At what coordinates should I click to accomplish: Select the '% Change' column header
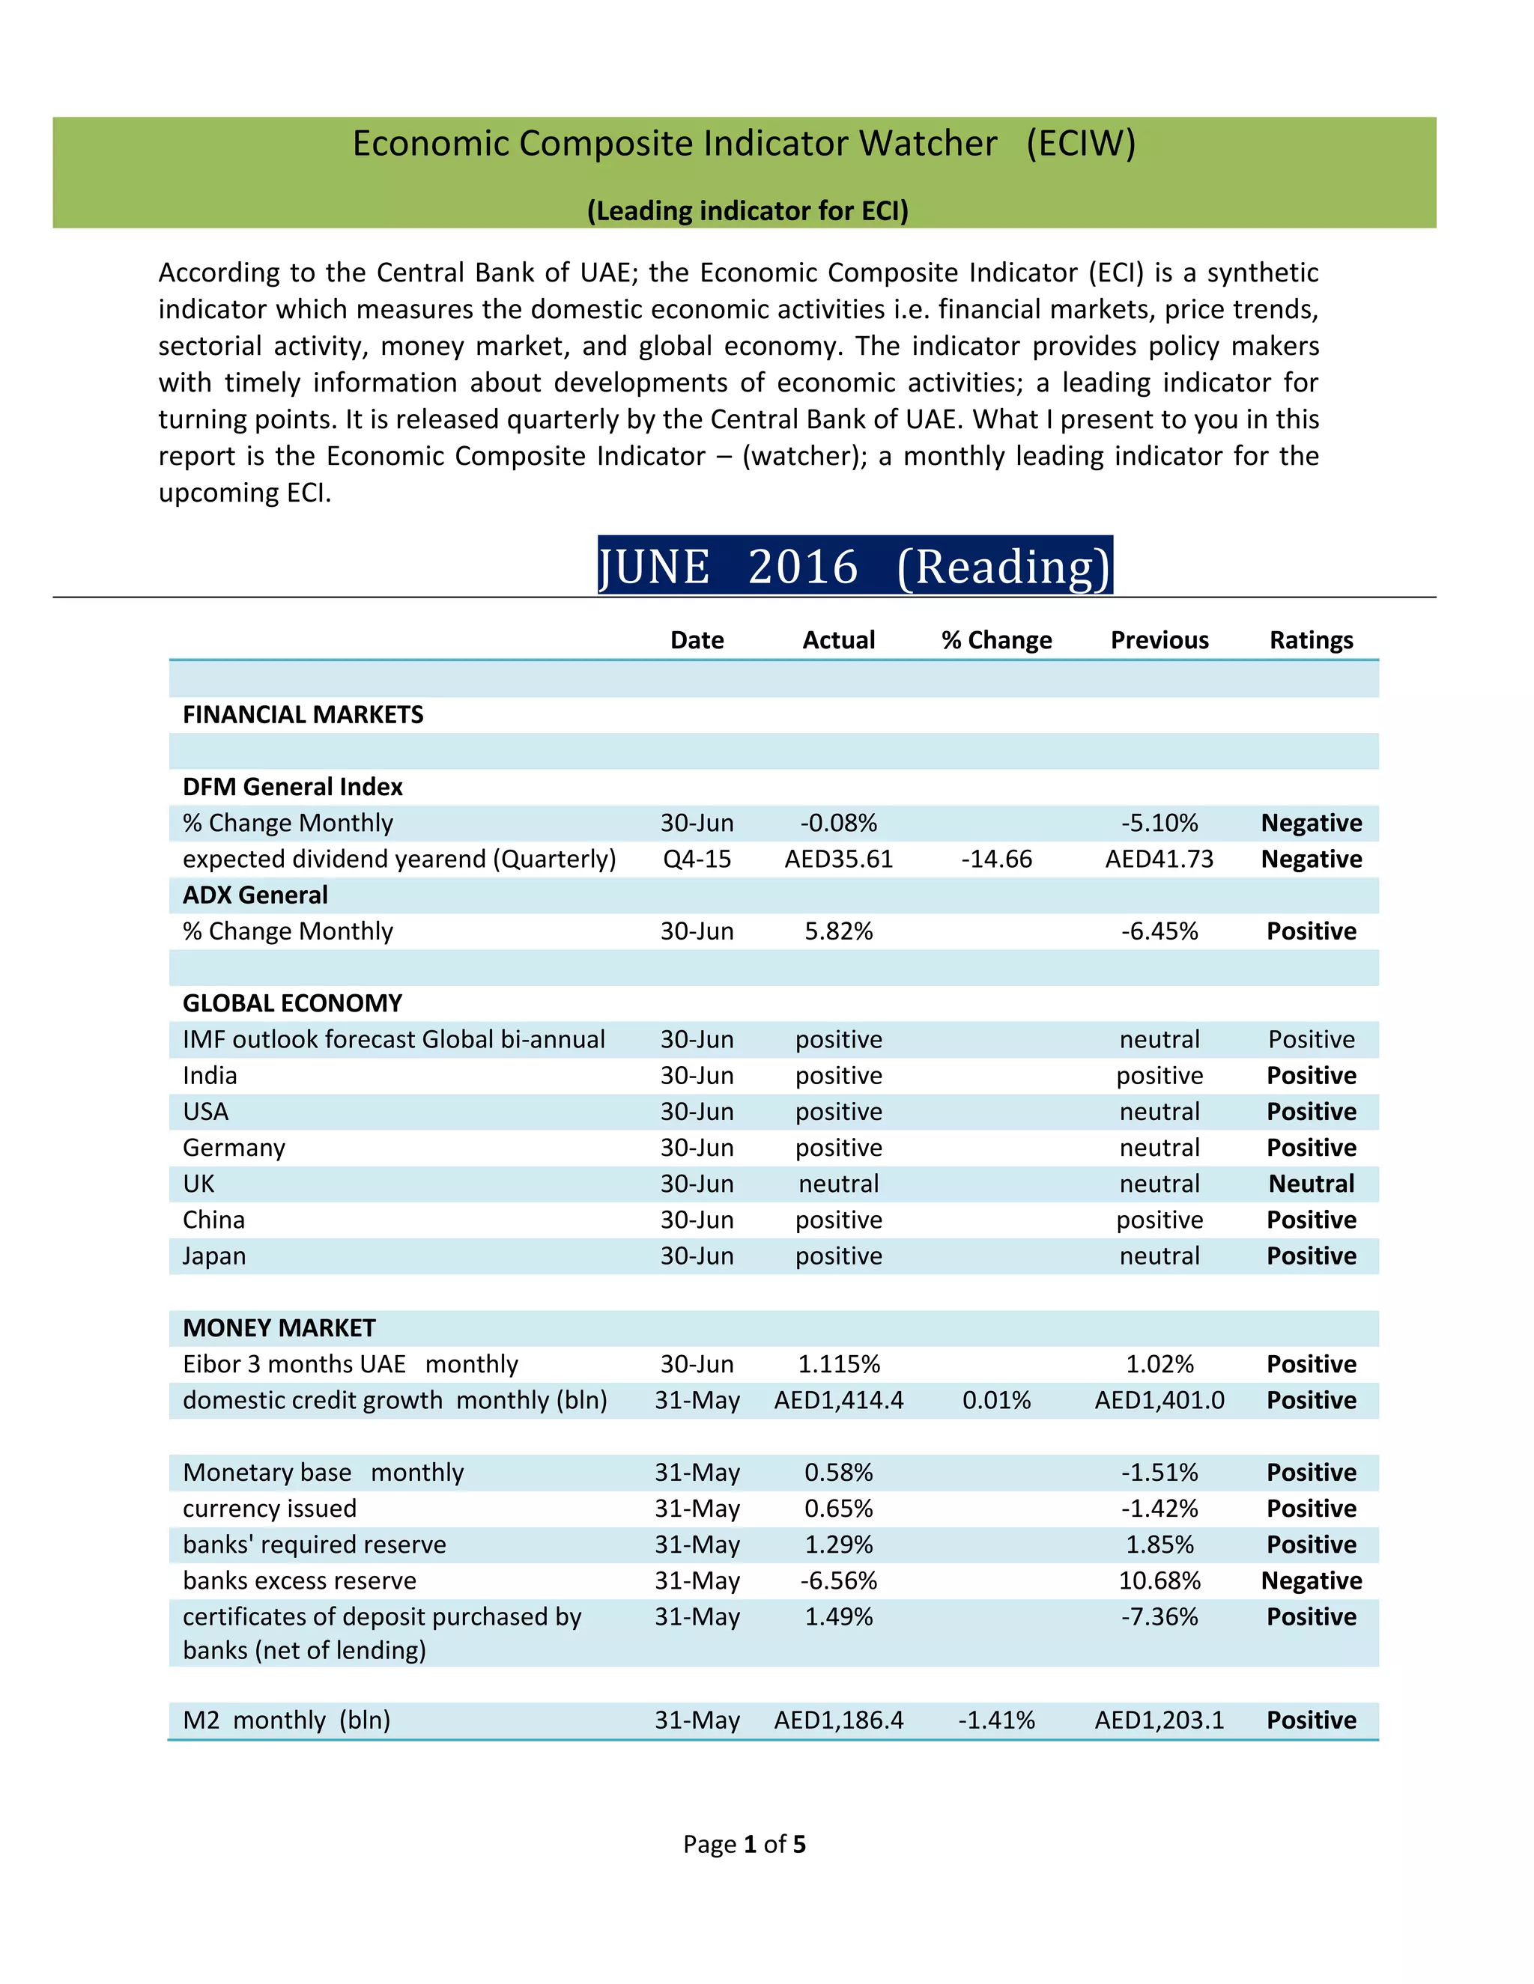[x=996, y=640]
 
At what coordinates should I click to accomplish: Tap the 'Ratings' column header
[x=1311, y=640]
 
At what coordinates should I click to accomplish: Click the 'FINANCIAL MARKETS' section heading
[x=303, y=715]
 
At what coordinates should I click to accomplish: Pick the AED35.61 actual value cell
[x=838, y=859]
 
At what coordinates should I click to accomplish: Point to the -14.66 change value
[x=996, y=859]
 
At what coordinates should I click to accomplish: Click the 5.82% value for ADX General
[x=838, y=931]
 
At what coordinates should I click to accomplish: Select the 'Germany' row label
[x=234, y=1148]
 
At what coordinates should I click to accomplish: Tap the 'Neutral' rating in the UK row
[x=1311, y=1184]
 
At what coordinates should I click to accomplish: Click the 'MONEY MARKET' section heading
[x=279, y=1328]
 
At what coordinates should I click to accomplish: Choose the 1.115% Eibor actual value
[x=838, y=1364]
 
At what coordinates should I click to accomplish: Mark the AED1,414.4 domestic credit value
[x=838, y=1401]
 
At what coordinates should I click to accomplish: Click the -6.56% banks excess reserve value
[x=838, y=1580]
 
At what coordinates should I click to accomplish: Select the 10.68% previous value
[x=1159, y=1580]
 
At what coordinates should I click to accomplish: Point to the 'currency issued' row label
[x=269, y=1509]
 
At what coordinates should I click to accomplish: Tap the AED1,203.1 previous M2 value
[x=1159, y=1720]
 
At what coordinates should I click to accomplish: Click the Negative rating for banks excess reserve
[x=1311, y=1580]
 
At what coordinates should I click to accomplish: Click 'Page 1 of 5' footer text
[x=745, y=1844]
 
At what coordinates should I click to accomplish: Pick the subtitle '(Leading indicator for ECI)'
[x=747, y=211]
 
